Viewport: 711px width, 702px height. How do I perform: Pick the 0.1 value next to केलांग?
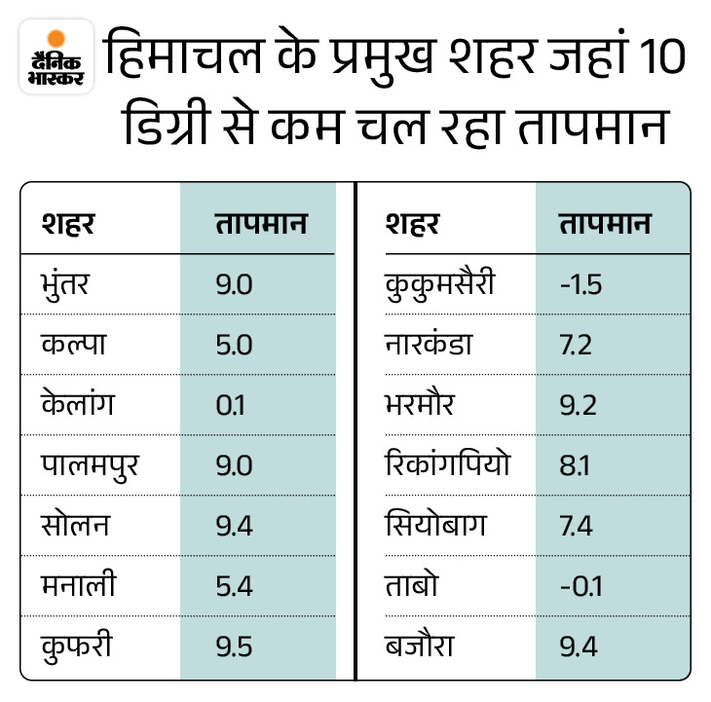point(231,404)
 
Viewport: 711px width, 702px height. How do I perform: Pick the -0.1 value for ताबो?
point(580,584)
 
